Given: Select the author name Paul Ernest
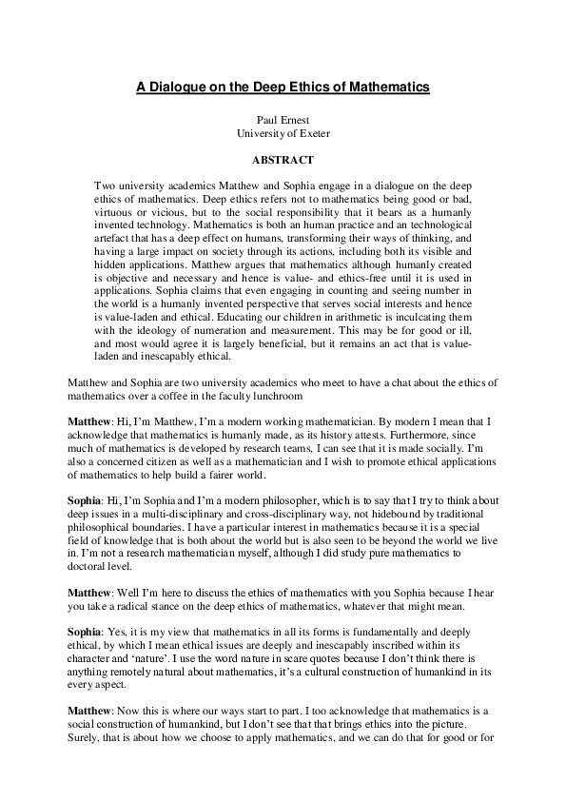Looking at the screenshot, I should coord(283,122).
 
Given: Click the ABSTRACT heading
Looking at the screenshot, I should coord(283,159).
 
